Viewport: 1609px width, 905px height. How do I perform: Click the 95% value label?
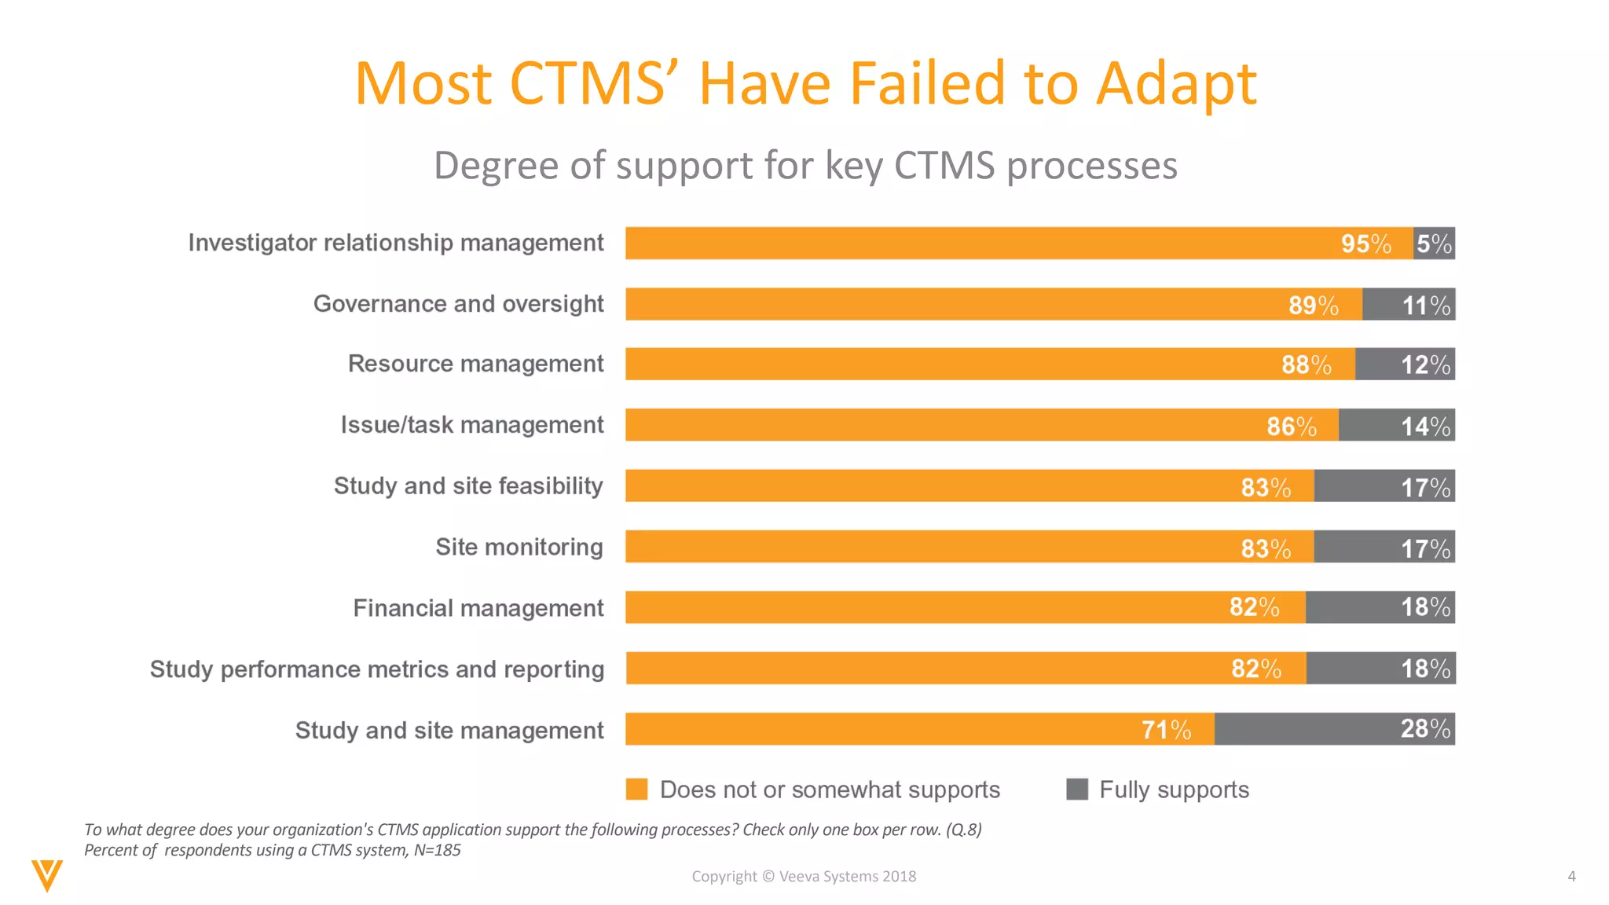(x=1365, y=244)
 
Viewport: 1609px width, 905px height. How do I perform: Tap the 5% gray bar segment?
(x=1434, y=244)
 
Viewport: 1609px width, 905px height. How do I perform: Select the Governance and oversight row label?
(x=458, y=304)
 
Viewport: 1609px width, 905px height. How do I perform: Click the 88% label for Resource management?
(x=1306, y=365)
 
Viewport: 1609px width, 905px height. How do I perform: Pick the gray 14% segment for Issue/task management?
(x=1396, y=425)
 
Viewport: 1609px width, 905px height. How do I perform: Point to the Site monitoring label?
(x=519, y=547)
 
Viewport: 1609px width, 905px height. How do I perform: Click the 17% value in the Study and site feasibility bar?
(x=1425, y=487)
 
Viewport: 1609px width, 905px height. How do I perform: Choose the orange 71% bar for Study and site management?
(x=919, y=729)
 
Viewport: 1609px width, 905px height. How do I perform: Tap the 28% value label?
(x=1425, y=729)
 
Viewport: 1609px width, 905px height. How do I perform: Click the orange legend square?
(x=636, y=789)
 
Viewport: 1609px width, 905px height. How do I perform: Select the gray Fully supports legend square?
(x=1076, y=789)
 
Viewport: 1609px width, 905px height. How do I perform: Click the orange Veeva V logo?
(x=47, y=875)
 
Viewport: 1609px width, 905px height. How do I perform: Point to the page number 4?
(x=1571, y=876)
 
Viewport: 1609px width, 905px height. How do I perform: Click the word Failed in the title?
(x=927, y=83)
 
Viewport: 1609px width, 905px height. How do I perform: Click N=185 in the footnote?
(x=437, y=850)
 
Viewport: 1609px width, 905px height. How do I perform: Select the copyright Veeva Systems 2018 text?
(x=804, y=876)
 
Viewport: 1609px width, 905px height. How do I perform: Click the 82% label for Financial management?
(x=1254, y=607)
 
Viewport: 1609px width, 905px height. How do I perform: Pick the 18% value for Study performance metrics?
(x=1425, y=669)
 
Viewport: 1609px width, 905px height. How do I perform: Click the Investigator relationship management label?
(x=395, y=243)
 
